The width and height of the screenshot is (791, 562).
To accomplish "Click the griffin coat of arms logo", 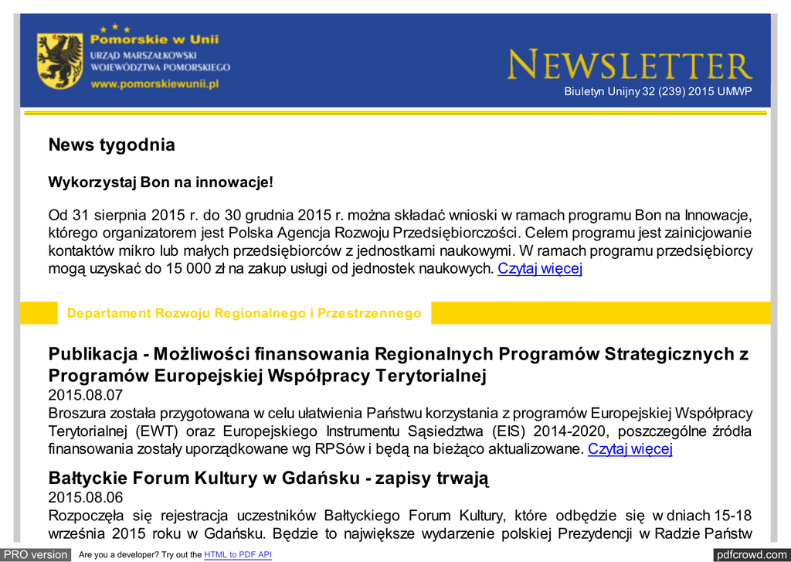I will tap(59, 60).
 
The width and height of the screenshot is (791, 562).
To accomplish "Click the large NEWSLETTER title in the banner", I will tap(630, 66).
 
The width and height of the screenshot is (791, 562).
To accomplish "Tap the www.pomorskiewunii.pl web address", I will tap(154, 83).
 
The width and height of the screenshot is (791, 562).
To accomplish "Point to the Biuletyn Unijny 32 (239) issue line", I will tap(657, 92).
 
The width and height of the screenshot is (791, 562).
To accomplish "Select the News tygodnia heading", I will tap(111, 145).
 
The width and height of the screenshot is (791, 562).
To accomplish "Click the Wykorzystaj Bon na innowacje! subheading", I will tap(161, 182).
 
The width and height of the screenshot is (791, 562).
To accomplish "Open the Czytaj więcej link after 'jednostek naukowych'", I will tap(540, 269).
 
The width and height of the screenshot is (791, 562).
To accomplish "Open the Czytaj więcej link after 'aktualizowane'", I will tap(630, 449).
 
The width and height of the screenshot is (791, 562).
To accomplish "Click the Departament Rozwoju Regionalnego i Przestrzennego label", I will tap(244, 313).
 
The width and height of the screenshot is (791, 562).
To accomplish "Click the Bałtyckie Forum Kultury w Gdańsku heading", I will tap(268, 478).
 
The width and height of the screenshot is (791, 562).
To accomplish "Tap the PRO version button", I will tap(36, 554).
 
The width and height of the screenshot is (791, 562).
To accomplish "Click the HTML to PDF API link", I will tap(238, 555).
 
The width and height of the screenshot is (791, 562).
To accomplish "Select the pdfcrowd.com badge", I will tap(751, 554).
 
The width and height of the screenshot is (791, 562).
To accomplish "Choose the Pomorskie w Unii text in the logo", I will tap(154, 39).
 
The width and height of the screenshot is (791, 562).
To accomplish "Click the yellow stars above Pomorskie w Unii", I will tap(115, 28).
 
